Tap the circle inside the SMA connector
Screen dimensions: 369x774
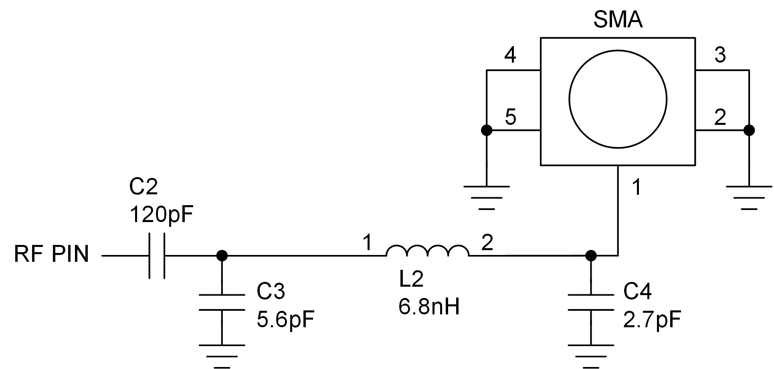[618, 99]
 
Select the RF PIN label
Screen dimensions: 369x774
[51, 255]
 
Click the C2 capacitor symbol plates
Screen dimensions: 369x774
[157, 255]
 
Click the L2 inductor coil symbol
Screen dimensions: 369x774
[427, 251]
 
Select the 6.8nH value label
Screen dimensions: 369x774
[429, 307]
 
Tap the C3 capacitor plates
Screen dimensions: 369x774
[222, 302]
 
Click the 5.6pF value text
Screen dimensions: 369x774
[285, 320]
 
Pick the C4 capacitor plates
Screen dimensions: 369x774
[591, 302]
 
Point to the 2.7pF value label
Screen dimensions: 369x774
[652, 320]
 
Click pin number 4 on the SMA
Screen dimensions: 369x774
[510, 55]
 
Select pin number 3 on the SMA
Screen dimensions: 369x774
[720, 55]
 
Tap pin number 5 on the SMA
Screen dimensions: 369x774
[510, 117]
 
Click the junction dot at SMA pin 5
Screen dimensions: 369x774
[486, 130]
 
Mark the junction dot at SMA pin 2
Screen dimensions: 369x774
[749, 130]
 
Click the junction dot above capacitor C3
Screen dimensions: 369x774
[222, 255]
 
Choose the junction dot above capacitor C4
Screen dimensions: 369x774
[591, 255]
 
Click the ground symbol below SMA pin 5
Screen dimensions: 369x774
[486, 197]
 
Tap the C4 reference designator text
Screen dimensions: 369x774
[637, 292]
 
